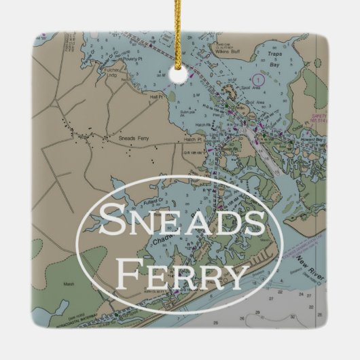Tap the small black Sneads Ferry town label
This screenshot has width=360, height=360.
[x=133, y=138]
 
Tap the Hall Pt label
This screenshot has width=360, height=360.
[x=156, y=98]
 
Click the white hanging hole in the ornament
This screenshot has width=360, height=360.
[x=178, y=75]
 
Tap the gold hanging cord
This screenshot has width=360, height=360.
[x=179, y=34]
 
